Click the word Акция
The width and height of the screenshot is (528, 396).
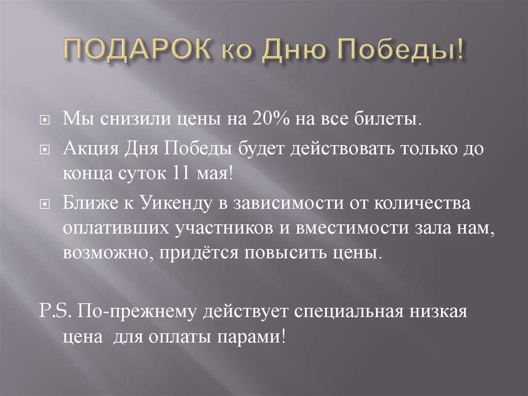(x=91, y=149)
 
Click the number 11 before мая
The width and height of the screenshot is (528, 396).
(x=176, y=173)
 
